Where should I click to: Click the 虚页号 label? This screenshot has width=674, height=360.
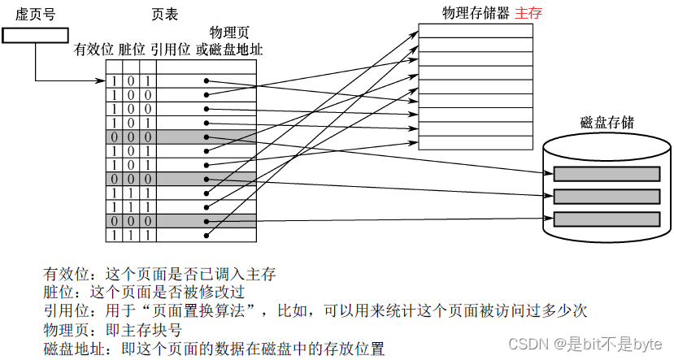(x=35, y=15)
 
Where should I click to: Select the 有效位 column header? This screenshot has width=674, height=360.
(x=93, y=50)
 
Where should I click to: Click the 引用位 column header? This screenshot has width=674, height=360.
(x=169, y=50)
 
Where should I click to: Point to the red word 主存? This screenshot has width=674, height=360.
(x=528, y=14)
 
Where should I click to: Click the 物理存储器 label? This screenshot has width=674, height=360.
(x=475, y=14)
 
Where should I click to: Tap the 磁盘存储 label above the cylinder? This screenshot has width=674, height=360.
(x=607, y=123)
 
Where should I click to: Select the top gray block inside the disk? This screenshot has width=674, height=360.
(x=607, y=173)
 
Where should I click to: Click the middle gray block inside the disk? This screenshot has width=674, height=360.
(x=607, y=196)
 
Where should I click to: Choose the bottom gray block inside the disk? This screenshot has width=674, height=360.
(x=607, y=219)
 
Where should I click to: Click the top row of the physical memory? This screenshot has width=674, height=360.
(x=476, y=31)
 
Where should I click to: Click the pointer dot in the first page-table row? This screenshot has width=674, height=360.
(x=207, y=80)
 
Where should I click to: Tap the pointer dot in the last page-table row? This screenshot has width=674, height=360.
(x=207, y=234)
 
